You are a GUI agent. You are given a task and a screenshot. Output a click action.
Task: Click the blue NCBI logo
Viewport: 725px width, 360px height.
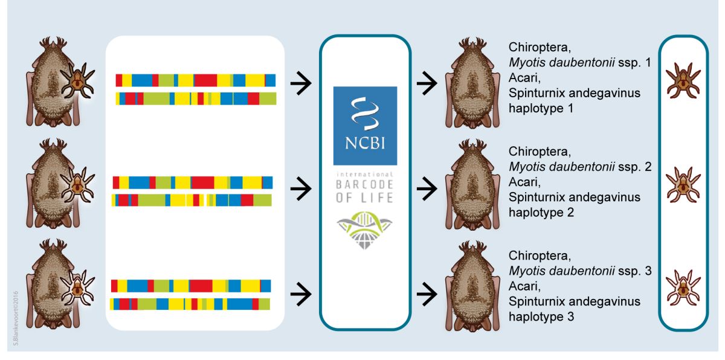click(365, 126)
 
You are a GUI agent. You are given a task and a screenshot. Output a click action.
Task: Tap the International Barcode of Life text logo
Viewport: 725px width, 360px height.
click(365, 187)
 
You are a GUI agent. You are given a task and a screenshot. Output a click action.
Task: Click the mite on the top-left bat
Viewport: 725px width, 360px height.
click(79, 82)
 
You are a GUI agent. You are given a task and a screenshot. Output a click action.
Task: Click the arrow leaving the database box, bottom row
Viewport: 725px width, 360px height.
click(428, 294)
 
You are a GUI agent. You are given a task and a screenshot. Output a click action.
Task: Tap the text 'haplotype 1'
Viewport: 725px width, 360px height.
click(540, 109)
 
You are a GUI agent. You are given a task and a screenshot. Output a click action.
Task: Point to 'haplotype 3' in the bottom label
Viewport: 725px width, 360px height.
click(540, 316)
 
